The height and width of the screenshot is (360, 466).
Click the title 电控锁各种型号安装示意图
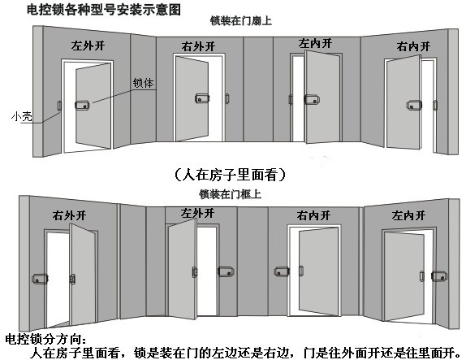[104, 9]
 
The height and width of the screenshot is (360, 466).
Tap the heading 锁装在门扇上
[241, 21]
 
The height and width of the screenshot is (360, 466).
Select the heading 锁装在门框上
[230, 194]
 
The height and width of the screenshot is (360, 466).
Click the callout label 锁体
[143, 83]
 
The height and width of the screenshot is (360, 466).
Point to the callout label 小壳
[21, 116]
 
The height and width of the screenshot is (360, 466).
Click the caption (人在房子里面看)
[230, 175]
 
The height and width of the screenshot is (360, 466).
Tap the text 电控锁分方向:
[46, 339]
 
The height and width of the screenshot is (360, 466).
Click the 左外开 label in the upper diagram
[88, 46]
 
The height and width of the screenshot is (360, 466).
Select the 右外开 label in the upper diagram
[198, 46]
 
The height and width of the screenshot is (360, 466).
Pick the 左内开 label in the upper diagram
[315, 44]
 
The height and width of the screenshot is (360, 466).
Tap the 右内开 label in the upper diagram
[413, 46]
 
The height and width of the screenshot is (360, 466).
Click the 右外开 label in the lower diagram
[69, 215]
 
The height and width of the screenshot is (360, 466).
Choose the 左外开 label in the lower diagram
[197, 213]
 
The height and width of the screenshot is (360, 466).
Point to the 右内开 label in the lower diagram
[313, 215]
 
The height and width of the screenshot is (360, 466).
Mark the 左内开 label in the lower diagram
[408, 215]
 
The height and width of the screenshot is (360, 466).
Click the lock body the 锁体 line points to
[82, 105]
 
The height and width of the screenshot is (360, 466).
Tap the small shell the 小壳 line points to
[59, 106]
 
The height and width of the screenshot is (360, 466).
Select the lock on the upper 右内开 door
[414, 106]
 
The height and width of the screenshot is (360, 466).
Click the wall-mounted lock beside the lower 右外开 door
[40, 279]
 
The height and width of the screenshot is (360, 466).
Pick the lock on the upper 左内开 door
[312, 99]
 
